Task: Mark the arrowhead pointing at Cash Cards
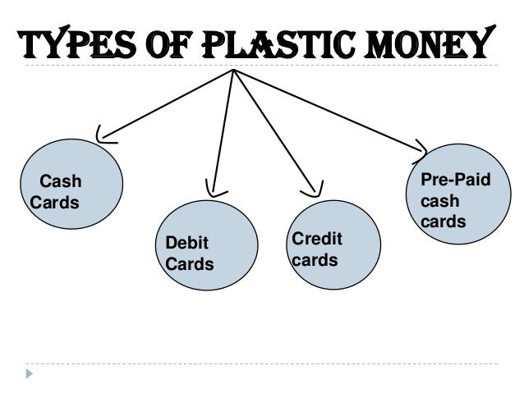point(103,135)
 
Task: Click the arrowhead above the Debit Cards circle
point(212,191)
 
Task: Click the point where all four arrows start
point(234,71)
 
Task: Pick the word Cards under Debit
point(190,264)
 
